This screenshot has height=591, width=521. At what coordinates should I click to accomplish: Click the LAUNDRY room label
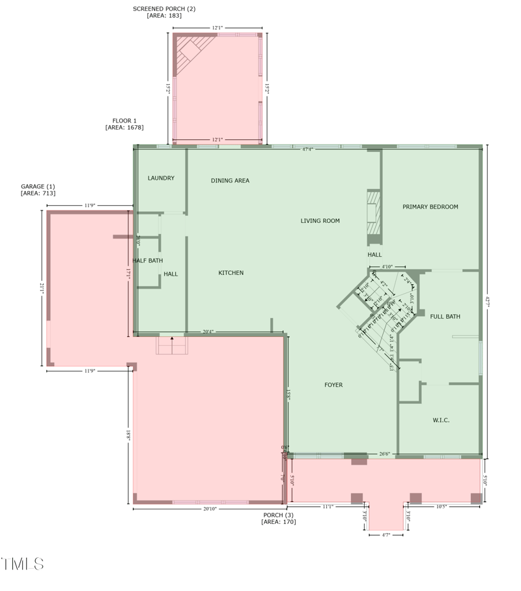point(161,178)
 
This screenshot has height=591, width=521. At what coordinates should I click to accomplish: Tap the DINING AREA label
point(230,180)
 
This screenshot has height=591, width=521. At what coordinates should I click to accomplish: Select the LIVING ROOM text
point(320,221)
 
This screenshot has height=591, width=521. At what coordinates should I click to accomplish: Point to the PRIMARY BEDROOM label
point(430,207)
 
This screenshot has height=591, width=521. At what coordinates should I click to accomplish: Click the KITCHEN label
point(231,273)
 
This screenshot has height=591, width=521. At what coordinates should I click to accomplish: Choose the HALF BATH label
point(148,261)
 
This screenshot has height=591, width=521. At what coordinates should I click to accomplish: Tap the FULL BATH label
point(445,317)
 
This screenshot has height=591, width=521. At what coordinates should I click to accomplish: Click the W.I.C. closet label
point(441,420)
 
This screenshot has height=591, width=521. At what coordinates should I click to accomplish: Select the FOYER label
point(333,385)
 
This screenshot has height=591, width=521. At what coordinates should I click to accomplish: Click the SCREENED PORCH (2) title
point(164,8)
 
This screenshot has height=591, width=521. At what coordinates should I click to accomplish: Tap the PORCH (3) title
point(278,515)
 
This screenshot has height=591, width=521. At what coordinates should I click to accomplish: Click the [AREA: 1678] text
point(124,128)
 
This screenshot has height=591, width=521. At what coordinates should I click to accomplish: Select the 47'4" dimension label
point(308,149)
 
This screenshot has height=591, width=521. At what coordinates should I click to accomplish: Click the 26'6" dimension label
point(384,454)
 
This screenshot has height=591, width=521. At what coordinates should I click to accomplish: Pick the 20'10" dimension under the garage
point(209,509)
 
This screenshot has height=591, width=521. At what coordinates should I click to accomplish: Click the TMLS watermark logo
point(23,564)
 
